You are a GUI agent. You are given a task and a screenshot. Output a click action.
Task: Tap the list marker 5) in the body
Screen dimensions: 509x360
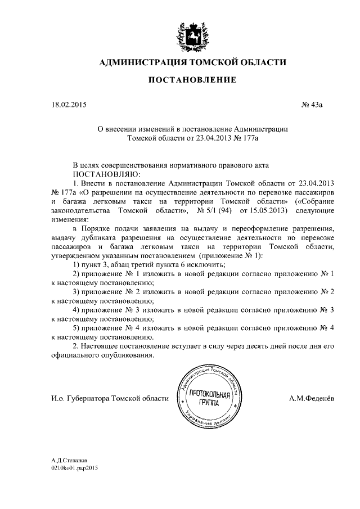click(x=78, y=327)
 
